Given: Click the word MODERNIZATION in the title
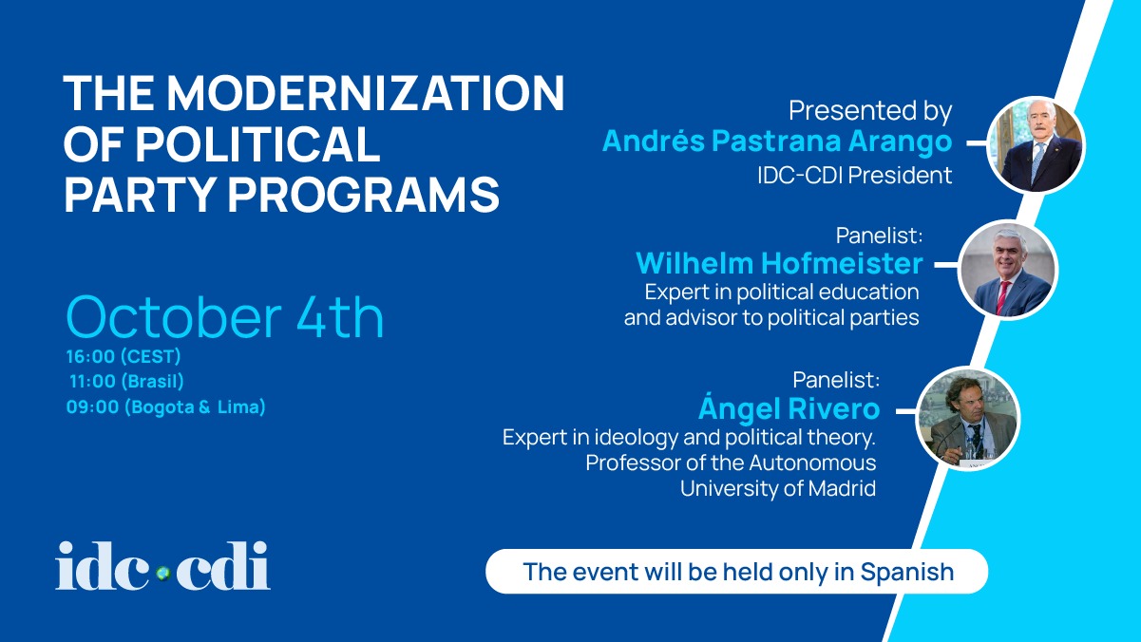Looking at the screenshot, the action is click(366, 93).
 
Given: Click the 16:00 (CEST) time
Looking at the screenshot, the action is click(124, 356).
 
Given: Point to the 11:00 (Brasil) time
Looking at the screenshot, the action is click(126, 382).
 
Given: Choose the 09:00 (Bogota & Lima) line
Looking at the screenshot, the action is click(166, 406).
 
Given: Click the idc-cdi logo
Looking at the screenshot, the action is click(162, 566).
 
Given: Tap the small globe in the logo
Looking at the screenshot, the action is click(163, 574).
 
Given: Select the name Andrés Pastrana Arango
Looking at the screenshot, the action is click(777, 141).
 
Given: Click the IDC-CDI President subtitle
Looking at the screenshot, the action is click(854, 175).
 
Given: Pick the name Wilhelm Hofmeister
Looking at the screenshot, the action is click(779, 263).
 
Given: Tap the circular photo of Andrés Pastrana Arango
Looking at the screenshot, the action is click(1036, 145).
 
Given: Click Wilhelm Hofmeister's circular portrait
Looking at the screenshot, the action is click(1008, 270).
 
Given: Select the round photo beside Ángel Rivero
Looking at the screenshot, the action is click(968, 418).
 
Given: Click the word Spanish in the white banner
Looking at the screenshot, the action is click(907, 572).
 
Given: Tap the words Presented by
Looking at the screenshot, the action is click(870, 111).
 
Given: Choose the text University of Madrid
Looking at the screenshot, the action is click(778, 488).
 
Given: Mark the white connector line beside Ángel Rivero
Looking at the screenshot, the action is click(906, 411).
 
